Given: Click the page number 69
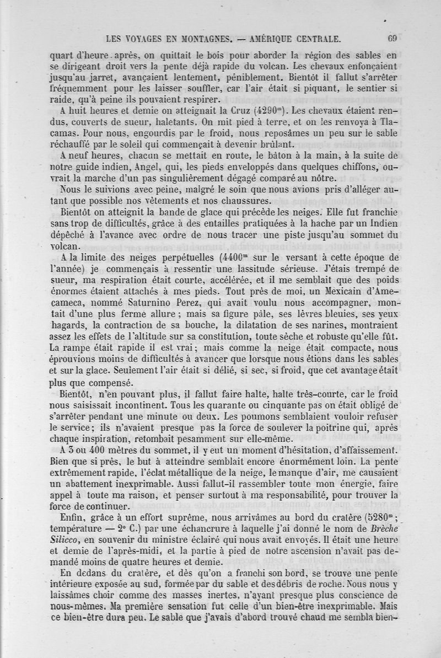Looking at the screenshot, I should [392, 39].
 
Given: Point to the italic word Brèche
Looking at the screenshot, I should [376, 526].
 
